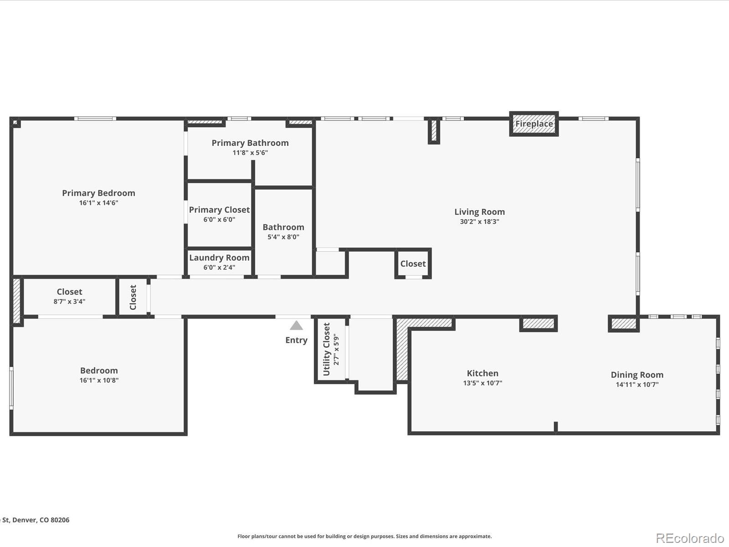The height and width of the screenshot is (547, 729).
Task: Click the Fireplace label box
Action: pos(534,124)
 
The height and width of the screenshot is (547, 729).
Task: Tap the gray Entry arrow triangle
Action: pos(296,325)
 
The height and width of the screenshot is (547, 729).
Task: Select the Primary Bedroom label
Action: pos(98,193)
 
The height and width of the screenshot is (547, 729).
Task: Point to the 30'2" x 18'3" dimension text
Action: pos(479,222)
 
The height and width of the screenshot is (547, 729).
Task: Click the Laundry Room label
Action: pos(219,258)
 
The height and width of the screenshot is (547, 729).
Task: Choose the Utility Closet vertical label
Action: pos(326,349)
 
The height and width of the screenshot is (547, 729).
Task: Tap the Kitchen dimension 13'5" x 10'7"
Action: pos(483,383)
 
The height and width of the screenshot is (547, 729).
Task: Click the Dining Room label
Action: pos(637,375)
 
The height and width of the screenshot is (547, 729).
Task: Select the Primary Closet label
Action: pos(219,210)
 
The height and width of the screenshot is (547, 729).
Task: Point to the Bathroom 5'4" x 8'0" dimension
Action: pos(283,237)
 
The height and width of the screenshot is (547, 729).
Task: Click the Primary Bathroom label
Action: pos(250,143)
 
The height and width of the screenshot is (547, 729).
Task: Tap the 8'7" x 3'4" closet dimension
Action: pos(69,301)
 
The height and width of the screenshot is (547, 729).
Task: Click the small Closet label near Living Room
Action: pos(413,264)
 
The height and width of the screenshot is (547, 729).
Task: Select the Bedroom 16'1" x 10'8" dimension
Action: pos(99,380)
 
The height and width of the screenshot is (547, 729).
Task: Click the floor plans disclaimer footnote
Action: pos(364,537)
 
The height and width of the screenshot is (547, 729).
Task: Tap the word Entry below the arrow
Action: pos(296,340)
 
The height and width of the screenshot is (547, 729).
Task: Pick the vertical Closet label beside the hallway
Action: pos(133,297)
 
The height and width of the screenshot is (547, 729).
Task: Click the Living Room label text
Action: pos(479,212)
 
